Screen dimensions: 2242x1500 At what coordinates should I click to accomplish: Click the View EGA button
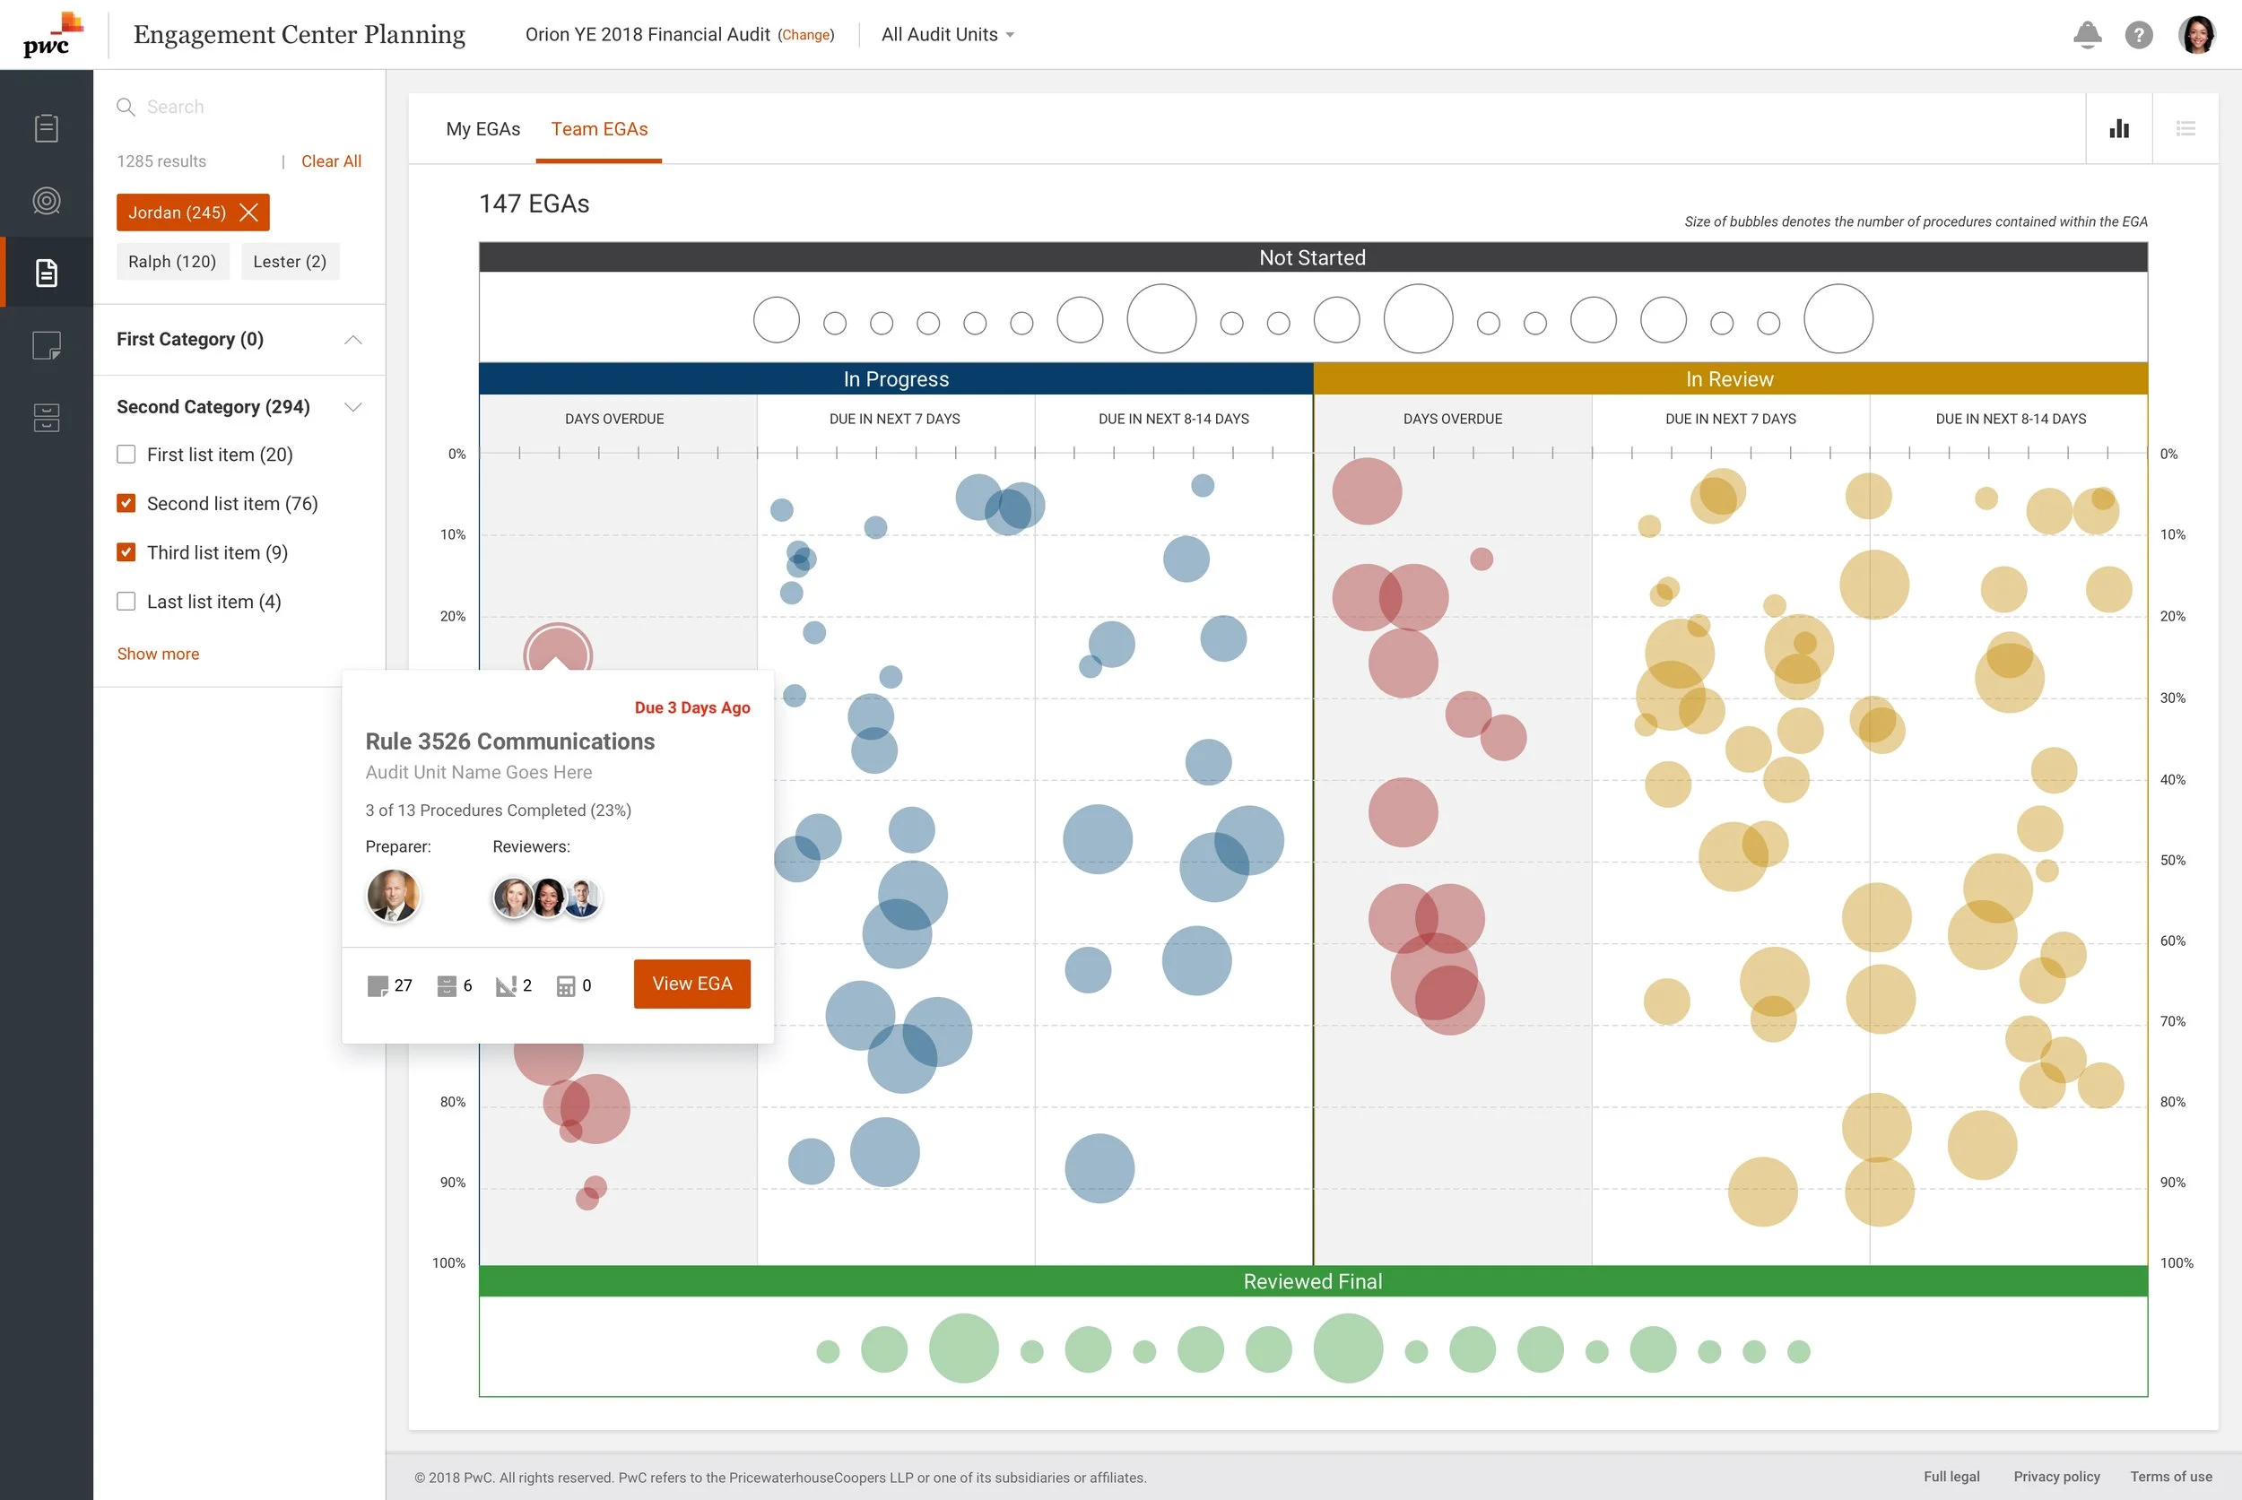[691, 984]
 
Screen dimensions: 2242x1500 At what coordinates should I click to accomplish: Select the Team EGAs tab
[599, 129]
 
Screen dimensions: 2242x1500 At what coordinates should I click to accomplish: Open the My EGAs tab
[483, 129]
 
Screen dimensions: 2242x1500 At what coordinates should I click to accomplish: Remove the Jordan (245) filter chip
[248, 212]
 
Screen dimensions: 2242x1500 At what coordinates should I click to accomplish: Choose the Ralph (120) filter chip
[172, 261]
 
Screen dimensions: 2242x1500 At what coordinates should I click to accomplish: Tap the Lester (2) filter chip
[290, 261]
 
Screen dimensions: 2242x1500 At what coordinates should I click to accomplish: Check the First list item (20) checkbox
[126, 455]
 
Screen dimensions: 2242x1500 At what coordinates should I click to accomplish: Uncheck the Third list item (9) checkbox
[126, 552]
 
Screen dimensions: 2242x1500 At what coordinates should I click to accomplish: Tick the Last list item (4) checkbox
[126, 601]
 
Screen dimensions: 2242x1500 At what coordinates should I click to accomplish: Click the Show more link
[158, 655]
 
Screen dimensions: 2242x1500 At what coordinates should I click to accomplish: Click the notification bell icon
[2087, 34]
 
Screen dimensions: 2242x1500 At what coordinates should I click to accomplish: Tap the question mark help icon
[2139, 34]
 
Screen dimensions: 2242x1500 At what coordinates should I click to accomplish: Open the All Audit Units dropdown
[947, 34]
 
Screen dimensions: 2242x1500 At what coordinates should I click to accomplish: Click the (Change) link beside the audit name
[805, 35]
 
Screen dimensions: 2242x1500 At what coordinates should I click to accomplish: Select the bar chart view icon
[2119, 129]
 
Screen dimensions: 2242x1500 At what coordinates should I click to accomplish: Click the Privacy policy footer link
[2056, 1476]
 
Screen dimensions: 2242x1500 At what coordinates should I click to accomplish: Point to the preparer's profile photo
[392, 896]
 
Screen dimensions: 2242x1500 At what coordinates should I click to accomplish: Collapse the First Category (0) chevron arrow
[353, 340]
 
